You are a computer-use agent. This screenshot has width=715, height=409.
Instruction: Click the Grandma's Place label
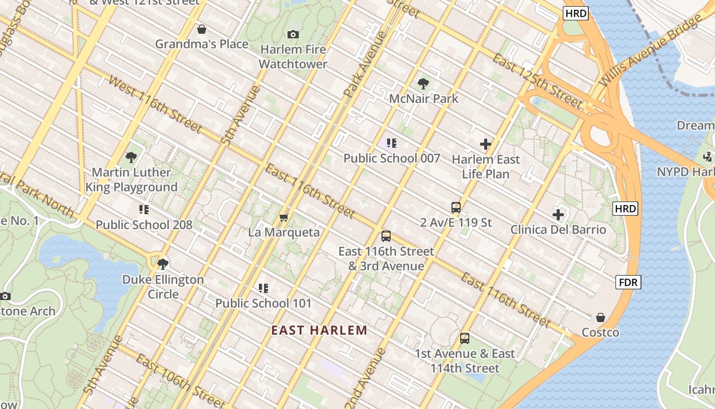pyautogui.click(x=202, y=44)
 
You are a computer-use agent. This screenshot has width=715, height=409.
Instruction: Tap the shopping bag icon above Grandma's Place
pyautogui.click(x=202, y=29)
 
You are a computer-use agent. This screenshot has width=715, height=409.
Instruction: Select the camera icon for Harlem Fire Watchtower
pyautogui.click(x=293, y=34)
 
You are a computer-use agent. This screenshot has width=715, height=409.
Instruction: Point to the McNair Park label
pyautogui.click(x=424, y=98)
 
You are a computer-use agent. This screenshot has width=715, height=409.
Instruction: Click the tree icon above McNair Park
pyautogui.click(x=423, y=84)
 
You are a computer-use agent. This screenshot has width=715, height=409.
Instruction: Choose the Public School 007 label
pyautogui.click(x=392, y=158)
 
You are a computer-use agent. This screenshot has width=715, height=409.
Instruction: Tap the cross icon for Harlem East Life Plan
pyautogui.click(x=486, y=145)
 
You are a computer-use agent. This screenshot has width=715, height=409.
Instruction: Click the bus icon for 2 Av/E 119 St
pyautogui.click(x=456, y=208)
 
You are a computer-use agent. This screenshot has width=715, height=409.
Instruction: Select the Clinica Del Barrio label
pyautogui.click(x=558, y=230)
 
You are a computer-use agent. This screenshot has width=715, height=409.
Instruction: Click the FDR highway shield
pyautogui.click(x=628, y=282)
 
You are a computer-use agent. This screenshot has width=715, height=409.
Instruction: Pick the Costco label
pyautogui.click(x=601, y=332)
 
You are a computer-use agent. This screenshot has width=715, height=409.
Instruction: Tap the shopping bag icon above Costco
pyautogui.click(x=601, y=318)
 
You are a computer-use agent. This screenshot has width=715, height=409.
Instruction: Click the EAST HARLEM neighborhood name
pyautogui.click(x=319, y=330)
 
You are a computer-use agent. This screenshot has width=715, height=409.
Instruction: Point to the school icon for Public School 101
pyautogui.click(x=264, y=288)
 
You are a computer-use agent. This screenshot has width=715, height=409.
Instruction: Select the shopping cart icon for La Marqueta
pyautogui.click(x=284, y=218)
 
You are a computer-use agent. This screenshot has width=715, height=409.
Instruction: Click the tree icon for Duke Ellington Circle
pyautogui.click(x=163, y=264)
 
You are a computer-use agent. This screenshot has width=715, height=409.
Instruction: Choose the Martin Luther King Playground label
pyautogui.click(x=131, y=179)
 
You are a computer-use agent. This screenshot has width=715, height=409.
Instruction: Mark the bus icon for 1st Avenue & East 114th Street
pyautogui.click(x=465, y=338)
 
